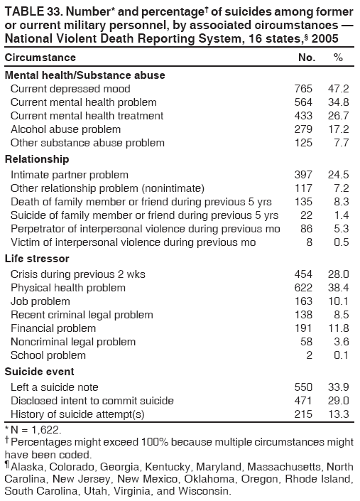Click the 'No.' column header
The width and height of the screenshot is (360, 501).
click(x=306, y=57)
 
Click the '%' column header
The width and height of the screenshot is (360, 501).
click(x=338, y=57)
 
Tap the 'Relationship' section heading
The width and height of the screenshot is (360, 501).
click(x=36, y=159)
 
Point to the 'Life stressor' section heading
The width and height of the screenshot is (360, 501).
click(x=37, y=259)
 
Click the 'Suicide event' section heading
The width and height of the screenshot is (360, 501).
click(x=39, y=372)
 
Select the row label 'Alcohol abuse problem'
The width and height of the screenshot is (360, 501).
click(x=65, y=129)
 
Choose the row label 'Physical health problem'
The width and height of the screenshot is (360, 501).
click(x=68, y=288)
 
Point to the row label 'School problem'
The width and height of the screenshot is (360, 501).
click(x=48, y=355)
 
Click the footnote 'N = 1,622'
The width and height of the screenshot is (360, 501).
click(x=36, y=430)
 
